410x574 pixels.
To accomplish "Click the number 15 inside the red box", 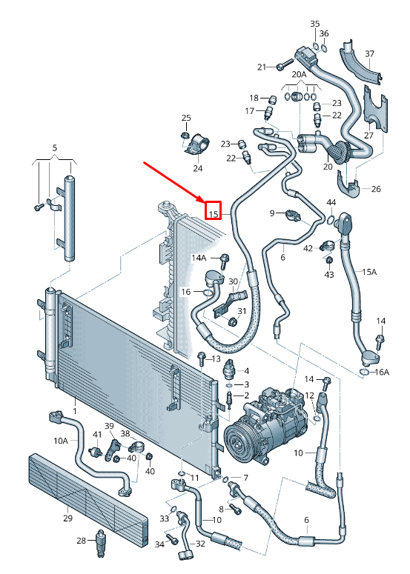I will pos(214,214).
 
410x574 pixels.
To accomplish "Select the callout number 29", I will pos(67,518).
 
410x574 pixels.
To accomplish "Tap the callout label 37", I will pos(369,53).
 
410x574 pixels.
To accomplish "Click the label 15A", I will pos(369,272).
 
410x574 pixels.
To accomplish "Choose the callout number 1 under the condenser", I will pos(74,410).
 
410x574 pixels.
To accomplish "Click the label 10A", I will pos(60,440).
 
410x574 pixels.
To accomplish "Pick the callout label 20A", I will pos(299,75).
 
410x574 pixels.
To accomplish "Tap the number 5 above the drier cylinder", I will pos(54,149).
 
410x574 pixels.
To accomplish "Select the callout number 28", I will pos(82,541).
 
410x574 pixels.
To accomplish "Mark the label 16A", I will pos(380,372).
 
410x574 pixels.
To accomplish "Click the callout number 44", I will pos(331,202).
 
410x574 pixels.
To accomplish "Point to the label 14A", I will pos(199,258).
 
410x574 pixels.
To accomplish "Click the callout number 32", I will pos(201,544).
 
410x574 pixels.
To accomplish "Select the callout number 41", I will pos(97,434).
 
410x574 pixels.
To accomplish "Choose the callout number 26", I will pos(375,189).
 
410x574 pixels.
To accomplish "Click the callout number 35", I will pos(314,24).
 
